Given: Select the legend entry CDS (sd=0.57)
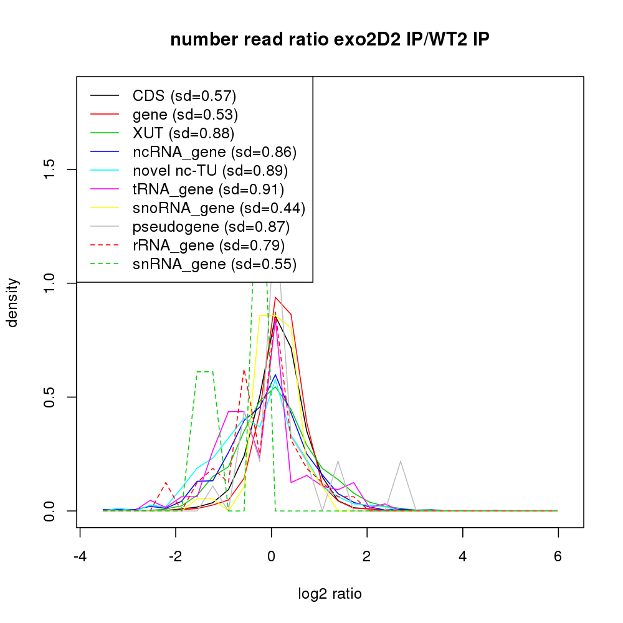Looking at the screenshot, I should (184, 96).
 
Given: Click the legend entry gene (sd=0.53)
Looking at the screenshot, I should (185, 115).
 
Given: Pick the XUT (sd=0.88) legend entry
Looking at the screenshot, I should (183, 133).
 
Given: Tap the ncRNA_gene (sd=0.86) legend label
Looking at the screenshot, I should (214, 152).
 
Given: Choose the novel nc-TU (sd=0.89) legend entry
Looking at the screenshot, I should (210, 171).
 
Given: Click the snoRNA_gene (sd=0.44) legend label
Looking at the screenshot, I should (219, 208).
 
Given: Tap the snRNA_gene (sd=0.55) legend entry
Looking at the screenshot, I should (214, 264).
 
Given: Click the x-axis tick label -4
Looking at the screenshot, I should (80, 556).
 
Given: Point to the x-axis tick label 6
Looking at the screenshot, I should (558, 556).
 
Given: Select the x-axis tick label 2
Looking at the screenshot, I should (367, 556).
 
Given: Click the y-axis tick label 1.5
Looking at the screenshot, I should (50, 169).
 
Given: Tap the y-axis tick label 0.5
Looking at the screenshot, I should (50, 397).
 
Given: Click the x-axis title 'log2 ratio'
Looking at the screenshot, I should (330, 594).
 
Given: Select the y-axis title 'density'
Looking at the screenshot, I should (14, 302).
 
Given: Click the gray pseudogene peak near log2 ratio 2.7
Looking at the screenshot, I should (401, 462).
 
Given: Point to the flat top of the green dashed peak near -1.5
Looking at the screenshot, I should (205, 372).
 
